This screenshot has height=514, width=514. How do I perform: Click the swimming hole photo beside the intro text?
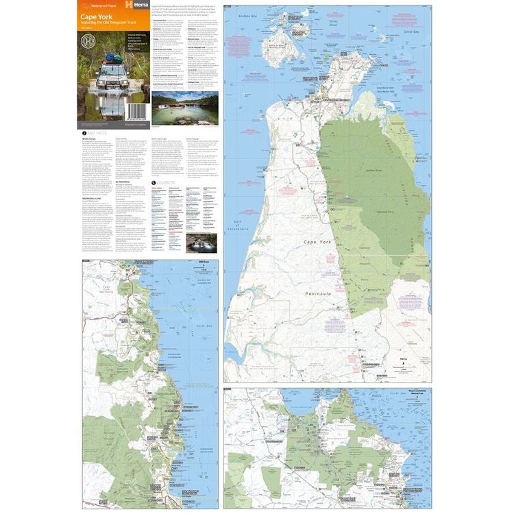pos(185,108)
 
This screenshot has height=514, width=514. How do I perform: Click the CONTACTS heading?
pos(162,183)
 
